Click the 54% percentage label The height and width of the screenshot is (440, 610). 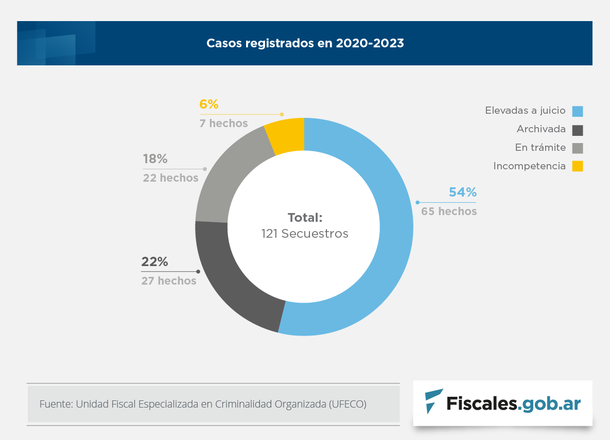click(463, 192)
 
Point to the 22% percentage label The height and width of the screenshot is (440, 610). click(155, 262)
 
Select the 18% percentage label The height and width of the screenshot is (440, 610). click(155, 160)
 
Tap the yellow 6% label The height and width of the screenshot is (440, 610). click(209, 104)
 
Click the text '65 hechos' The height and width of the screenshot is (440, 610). click(449, 212)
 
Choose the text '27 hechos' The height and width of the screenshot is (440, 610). click(169, 281)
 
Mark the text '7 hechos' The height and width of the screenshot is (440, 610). click(223, 124)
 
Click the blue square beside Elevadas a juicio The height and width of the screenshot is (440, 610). click(578, 111)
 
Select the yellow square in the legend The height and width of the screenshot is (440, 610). click(578, 166)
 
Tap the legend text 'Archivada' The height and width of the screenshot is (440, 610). click(541, 129)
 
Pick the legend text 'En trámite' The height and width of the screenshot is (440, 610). click(540, 148)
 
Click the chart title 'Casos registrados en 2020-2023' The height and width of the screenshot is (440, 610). click(305, 43)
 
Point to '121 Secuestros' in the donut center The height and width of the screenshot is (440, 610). click(305, 234)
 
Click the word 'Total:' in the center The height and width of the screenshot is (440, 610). click(305, 217)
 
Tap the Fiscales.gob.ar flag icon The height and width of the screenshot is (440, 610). click(433, 402)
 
